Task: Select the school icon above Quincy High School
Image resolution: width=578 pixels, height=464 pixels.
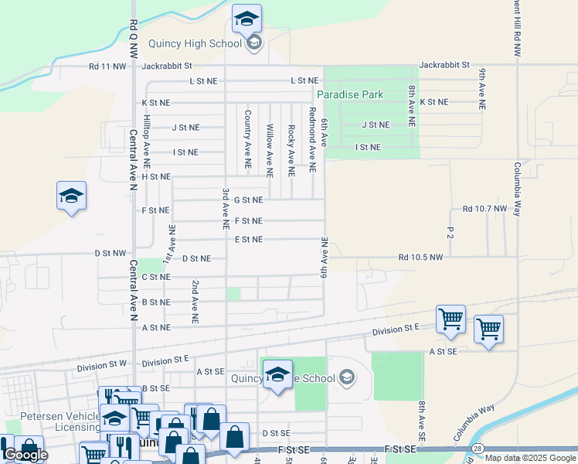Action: coord(246,19)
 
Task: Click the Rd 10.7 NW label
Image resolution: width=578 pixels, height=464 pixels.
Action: coord(484,209)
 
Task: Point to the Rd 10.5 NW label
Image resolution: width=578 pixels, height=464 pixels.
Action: coord(421,257)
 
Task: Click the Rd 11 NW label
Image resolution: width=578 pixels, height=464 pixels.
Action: coord(107,67)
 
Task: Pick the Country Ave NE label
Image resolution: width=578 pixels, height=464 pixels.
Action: coord(247,139)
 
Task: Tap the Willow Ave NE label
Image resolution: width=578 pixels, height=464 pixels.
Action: coord(269,150)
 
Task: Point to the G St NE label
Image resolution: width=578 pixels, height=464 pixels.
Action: coord(249,200)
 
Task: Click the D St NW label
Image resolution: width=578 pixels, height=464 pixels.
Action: coord(110,253)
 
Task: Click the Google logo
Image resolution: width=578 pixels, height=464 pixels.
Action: coord(25,455)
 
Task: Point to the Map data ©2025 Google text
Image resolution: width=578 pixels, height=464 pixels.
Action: coord(530,458)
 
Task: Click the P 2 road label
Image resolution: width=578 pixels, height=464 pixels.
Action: coord(450,231)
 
